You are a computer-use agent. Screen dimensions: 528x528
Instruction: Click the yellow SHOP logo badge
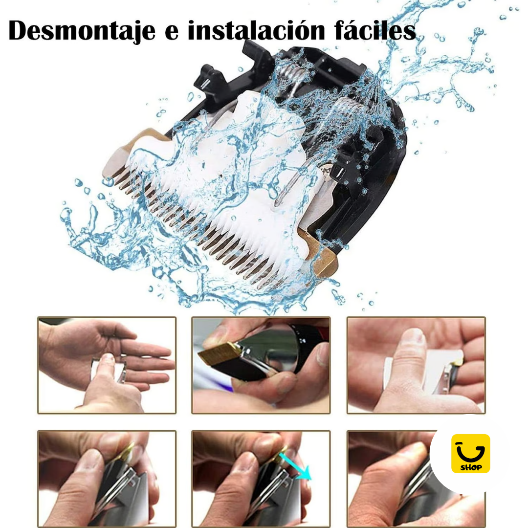tap(470, 453)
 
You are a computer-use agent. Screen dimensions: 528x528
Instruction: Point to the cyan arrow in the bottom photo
tap(297, 466)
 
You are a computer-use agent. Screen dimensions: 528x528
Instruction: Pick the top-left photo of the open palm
tap(107, 365)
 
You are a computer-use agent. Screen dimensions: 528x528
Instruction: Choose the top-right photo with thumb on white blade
tap(416, 365)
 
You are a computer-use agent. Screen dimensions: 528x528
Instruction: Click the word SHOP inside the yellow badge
tap(471, 467)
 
